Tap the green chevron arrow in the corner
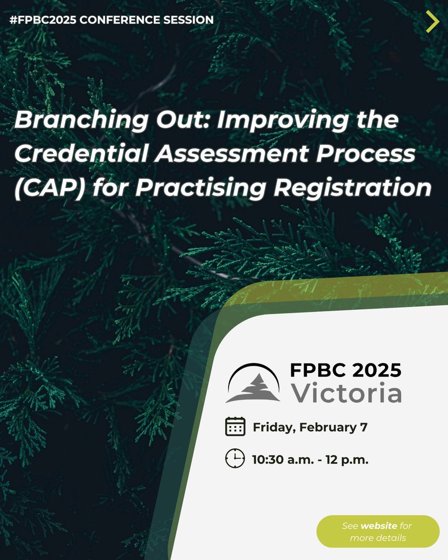433,21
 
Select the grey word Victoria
346,393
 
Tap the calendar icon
235,427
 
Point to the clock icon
235,459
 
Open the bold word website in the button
378,526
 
